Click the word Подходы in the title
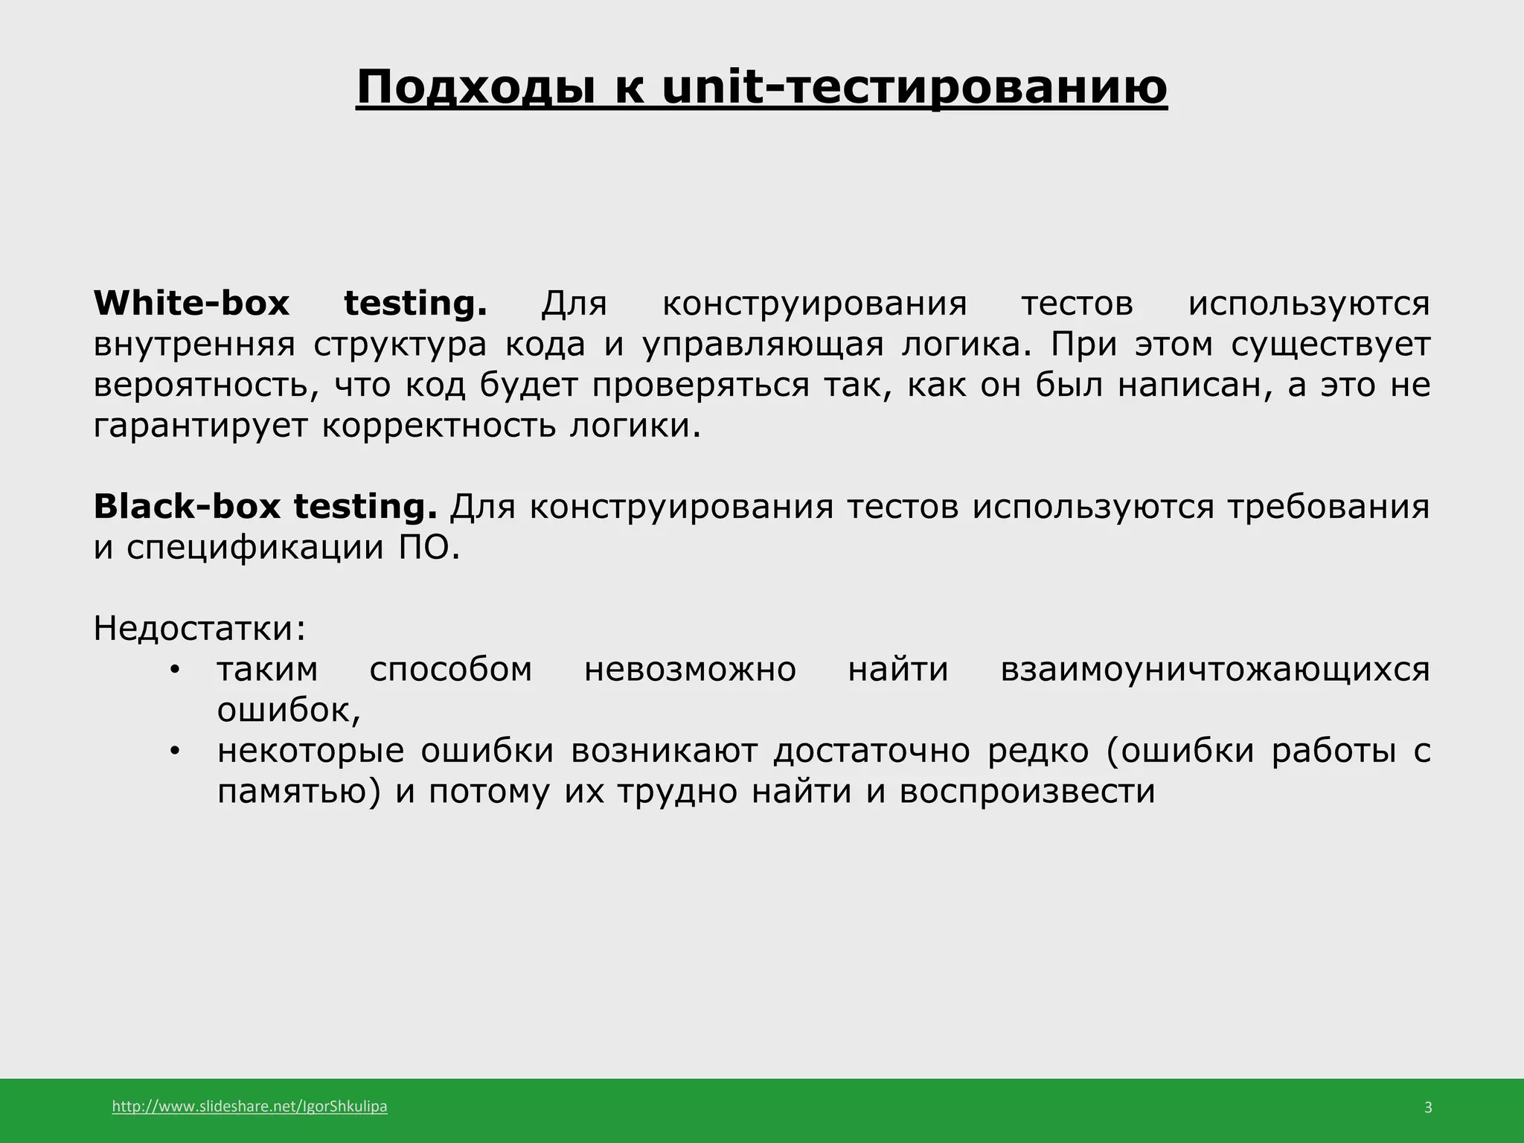[476, 87]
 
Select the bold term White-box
[191, 304]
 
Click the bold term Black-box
[187, 507]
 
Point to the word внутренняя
[194, 345]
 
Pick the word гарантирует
[200, 426]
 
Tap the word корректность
[439, 426]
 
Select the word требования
[1328, 507]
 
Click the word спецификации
[252, 548]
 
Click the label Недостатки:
[199, 629]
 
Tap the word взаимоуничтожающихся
[1214, 669]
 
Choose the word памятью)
[298, 791]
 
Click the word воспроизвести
[1027, 791]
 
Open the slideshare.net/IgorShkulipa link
[249, 1107]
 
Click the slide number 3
[1428, 1107]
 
